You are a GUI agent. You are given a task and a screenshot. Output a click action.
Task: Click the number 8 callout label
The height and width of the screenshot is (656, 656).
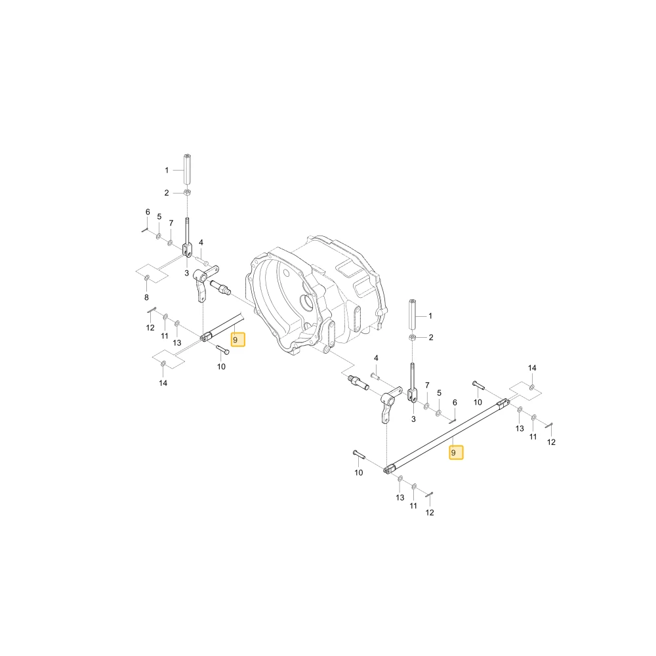pyautogui.click(x=146, y=297)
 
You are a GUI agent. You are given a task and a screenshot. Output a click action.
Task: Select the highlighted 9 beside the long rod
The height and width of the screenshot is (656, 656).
pyautogui.click(x=456, y=453)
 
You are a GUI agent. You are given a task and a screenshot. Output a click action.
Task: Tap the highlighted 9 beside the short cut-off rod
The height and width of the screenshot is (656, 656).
pyautogui.click(x=238, y=340)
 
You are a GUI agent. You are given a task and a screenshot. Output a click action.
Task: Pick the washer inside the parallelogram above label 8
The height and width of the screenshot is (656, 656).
pyautogui.click(x=147, y=277)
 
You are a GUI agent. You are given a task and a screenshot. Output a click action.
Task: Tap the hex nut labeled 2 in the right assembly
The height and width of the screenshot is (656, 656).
pyautogui.click(x=413, y=337)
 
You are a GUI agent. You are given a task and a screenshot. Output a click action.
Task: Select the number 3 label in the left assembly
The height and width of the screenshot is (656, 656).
pyautogui.click(x=186, y=273)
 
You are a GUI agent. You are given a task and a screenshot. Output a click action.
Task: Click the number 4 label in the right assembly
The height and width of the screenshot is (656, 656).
pyautogui.click(x=376, y=358)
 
